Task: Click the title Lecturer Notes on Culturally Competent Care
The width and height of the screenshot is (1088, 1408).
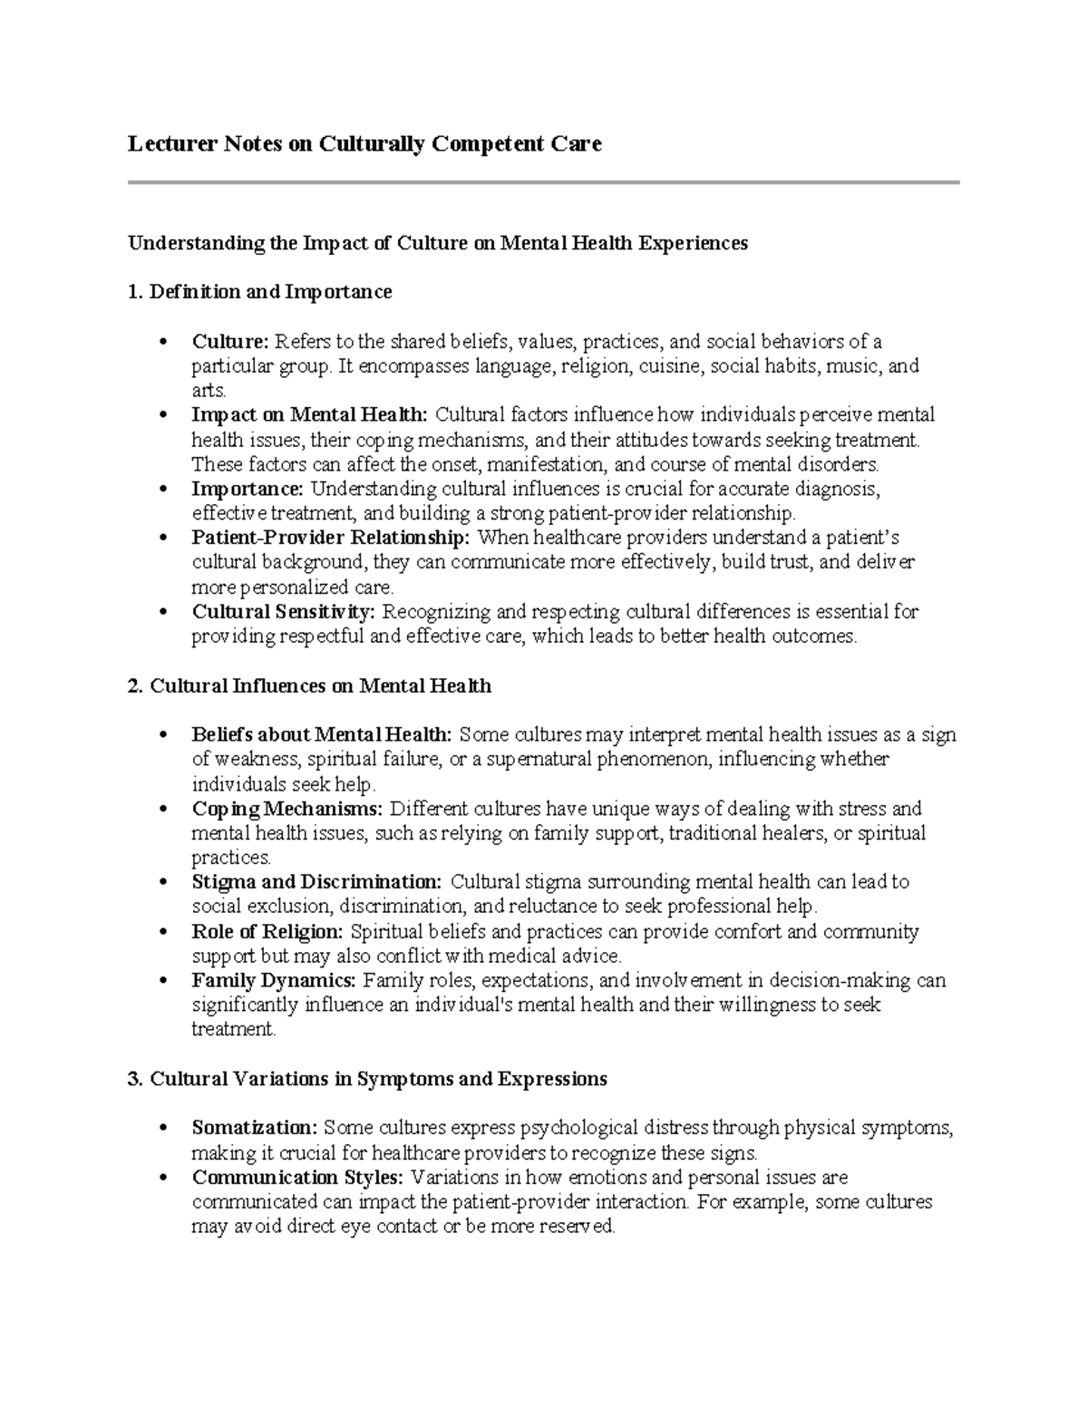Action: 364,143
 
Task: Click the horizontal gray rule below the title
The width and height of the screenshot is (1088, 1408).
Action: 543,182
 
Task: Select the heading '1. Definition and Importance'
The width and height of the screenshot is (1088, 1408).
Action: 260,292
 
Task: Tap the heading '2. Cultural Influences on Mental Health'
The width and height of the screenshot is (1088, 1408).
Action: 309,686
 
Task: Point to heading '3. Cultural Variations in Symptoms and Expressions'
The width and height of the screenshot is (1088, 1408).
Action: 367,1079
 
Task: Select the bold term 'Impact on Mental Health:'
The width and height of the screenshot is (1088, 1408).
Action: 309,415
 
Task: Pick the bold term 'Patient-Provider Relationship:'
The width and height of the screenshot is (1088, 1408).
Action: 331,539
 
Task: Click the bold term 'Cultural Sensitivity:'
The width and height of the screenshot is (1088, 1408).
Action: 283,612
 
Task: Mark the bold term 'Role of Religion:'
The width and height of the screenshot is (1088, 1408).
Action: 267,932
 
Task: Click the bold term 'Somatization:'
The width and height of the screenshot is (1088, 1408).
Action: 254,1129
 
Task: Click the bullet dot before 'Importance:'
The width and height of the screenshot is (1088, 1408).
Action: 163,490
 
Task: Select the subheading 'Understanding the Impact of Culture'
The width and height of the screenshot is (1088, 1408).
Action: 437,243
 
